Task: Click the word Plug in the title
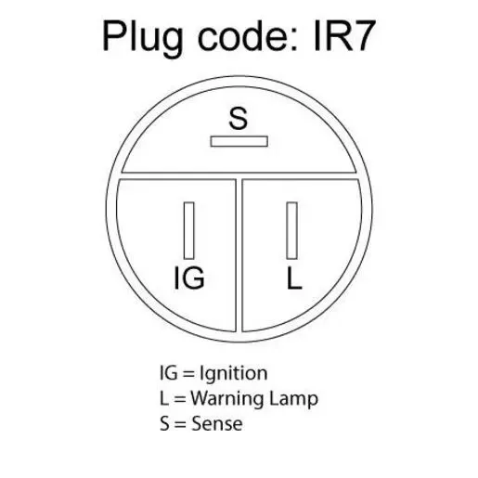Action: [x=143, y=38]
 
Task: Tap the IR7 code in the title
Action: [x=344, y=36]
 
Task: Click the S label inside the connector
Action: [x=239, y=118]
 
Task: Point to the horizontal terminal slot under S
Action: [x=239, y=141]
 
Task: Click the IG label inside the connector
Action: [x=189, y=278]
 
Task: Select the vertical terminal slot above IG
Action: [x=189, y=230]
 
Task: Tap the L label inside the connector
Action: [x=294, y=278]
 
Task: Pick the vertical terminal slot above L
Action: [x=292, y=230]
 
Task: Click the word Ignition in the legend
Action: [x=234, y=373]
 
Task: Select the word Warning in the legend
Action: [x=227, y=398]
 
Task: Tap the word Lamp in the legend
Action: [x=293, y=399]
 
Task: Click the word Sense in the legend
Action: [x=217, y=423]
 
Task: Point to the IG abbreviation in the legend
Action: [x=169, y=373]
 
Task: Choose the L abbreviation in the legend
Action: [x=164, y=398]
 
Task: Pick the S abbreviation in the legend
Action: [x=164, y=423]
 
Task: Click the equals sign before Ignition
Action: [x=188, y=374]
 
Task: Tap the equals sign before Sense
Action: [x=180, y=424]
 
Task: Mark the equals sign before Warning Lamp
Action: [x=179, y=399]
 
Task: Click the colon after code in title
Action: [x=294, y=39]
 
